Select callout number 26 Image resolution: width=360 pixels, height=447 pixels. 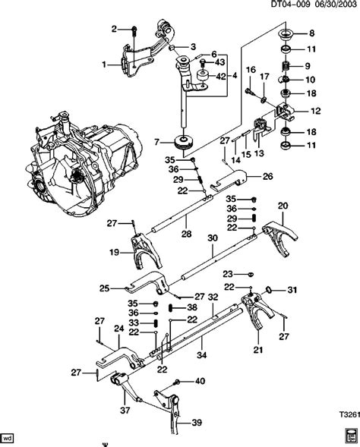click(x=267, y=178)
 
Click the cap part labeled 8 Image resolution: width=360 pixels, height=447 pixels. click(x=287, y=34)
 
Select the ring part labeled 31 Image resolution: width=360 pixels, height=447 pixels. click(x=271, y=289)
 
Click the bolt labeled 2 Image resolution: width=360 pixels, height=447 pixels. click(x=134, y=30)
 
